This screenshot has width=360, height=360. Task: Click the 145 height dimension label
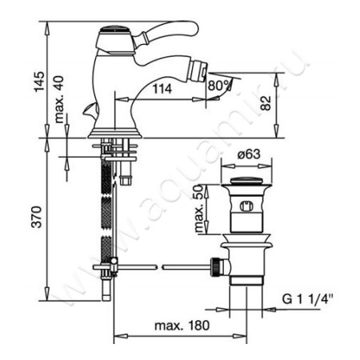pos(39,82)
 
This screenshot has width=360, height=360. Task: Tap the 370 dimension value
pos(37,217)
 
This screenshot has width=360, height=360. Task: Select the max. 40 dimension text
pos(59,99)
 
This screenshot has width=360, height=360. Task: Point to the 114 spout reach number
pos(162,89)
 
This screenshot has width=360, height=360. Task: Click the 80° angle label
pos(219,86)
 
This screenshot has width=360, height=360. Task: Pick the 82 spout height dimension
pos(266,103)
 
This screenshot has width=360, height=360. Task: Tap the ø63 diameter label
pos(249,154)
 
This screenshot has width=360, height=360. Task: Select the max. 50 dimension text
pos(200,209)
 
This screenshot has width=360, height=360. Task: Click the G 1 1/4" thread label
pos(308,299)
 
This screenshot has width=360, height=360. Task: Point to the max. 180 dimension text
pos(182,326)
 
